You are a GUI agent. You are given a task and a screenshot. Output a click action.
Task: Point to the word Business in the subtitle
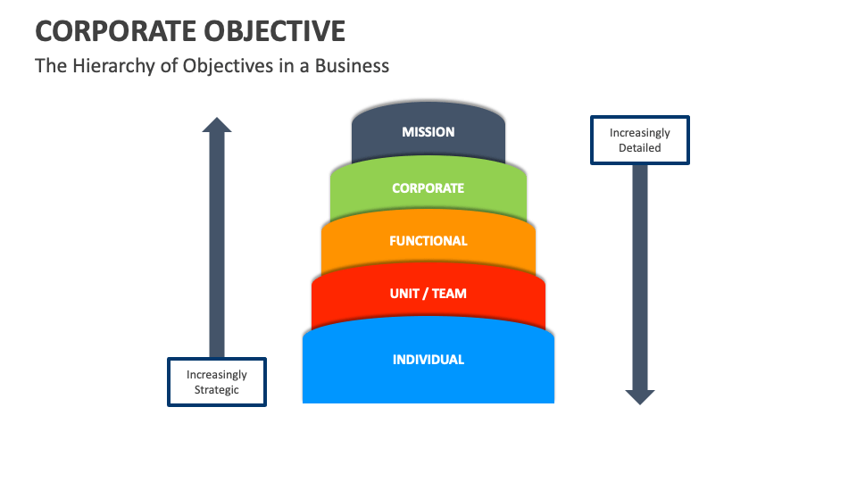coord(354,66)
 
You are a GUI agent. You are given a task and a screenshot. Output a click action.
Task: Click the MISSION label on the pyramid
coord(428,132)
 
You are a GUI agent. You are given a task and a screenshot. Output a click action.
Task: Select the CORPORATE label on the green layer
coord(428,188)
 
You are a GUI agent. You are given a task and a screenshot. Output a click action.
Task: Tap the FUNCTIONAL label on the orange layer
coord(428,241)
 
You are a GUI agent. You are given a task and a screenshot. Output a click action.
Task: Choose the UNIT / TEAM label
coord(428,294)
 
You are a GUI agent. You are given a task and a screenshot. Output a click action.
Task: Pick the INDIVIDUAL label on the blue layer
coord(428,360)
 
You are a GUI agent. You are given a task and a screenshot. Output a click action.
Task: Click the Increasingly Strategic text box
coord(217,382)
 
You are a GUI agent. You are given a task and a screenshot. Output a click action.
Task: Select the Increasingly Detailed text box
coord(640,140)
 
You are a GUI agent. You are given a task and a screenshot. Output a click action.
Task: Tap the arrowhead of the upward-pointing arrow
coord(217,125)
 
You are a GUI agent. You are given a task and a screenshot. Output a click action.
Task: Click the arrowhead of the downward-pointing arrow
coord(640,396)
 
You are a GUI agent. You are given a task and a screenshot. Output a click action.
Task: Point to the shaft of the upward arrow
coord(217,241)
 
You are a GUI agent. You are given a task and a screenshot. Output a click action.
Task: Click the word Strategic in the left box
coord(217,390)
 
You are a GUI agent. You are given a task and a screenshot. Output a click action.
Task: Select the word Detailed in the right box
coord(640,148)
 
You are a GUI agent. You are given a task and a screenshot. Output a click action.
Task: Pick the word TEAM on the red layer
coord(449,294)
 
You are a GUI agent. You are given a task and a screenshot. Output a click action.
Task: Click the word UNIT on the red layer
coord(404,294)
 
